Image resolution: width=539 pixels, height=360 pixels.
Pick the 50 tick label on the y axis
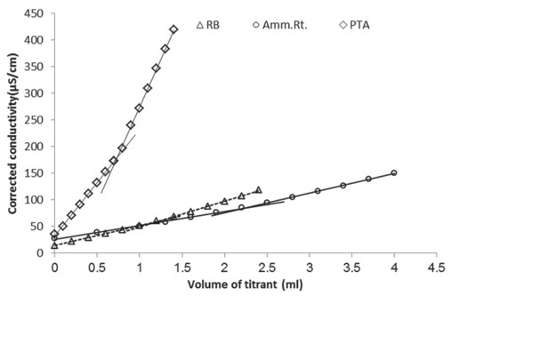point(38,227)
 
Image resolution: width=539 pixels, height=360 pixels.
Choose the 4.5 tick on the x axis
point(435,267)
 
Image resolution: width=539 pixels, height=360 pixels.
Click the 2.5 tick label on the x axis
point(266,267)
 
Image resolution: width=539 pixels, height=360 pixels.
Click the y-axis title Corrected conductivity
point(14,133)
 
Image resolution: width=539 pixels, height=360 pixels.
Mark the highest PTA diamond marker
point(173,29)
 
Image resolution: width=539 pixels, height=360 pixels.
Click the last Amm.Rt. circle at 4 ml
point(393,173)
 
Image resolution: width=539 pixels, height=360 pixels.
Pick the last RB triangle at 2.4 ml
point(258,189)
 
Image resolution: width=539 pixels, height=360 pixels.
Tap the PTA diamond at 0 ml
point(54,235)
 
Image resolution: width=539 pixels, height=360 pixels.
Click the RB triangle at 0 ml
point(54,245)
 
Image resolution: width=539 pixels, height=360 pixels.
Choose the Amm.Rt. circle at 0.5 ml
point(97,232)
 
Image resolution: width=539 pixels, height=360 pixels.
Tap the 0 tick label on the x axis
point(54,267)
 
